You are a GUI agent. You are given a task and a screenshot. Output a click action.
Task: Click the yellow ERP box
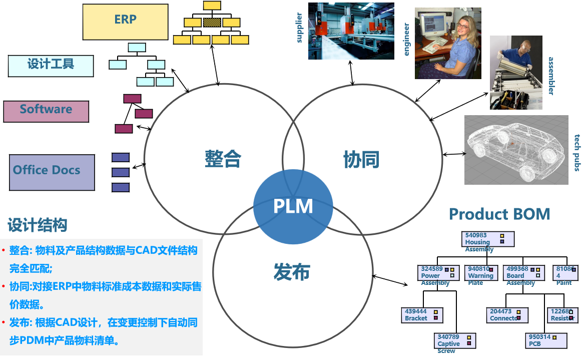125,22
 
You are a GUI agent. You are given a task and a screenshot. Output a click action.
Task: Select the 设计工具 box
51,66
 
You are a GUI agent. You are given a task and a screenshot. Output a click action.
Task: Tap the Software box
46,111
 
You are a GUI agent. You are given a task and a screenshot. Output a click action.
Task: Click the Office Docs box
52,172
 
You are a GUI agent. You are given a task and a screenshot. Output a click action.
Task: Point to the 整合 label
223,159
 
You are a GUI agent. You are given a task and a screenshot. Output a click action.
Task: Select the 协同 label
361,159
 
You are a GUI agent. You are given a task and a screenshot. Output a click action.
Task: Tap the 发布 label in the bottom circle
292,271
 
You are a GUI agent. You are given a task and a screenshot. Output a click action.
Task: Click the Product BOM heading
499,214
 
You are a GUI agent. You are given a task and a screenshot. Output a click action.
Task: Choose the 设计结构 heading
38,225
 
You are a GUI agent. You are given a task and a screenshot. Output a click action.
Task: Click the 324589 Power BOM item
438,272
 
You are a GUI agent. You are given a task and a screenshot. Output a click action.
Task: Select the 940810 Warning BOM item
481,272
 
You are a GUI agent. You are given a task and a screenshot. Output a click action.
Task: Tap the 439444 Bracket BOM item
422,315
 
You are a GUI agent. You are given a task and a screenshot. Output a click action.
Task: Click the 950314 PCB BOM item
546,340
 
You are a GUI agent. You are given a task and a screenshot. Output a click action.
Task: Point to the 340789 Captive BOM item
455,340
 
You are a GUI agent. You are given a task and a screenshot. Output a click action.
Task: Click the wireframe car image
516,150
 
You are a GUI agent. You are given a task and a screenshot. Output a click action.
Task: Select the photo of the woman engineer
447,43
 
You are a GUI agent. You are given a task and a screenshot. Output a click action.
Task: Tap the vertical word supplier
300,28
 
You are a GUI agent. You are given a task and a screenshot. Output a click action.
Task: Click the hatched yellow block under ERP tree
212,23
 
